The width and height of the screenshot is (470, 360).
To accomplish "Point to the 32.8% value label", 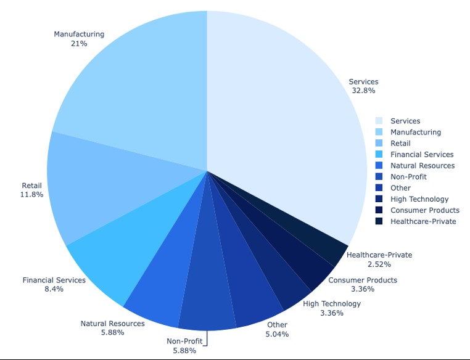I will (363, 91).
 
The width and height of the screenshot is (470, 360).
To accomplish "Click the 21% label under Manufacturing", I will (79, 44).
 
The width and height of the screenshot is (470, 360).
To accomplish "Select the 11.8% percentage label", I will (31, 195).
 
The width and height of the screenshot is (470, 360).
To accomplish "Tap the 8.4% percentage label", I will (54, 289).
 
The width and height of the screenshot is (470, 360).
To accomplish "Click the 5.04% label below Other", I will (277, 334).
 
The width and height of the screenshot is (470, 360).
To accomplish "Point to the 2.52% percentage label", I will (379, 264).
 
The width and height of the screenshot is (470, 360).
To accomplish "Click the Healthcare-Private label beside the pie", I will (379, 255).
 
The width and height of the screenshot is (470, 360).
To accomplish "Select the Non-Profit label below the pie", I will (184, 342).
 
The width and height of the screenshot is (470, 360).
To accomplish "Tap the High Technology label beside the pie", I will (332, 303).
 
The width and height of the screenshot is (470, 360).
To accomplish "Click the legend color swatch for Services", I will (379, 121).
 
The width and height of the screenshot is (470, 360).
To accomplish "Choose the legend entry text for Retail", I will (400, 144).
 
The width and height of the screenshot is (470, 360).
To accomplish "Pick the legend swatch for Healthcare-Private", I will (379, 221).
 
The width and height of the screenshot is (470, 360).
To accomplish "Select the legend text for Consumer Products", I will (424, 210).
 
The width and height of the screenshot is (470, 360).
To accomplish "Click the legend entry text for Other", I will (400, 188).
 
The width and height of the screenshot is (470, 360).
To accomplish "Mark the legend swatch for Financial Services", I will (379, 155).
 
